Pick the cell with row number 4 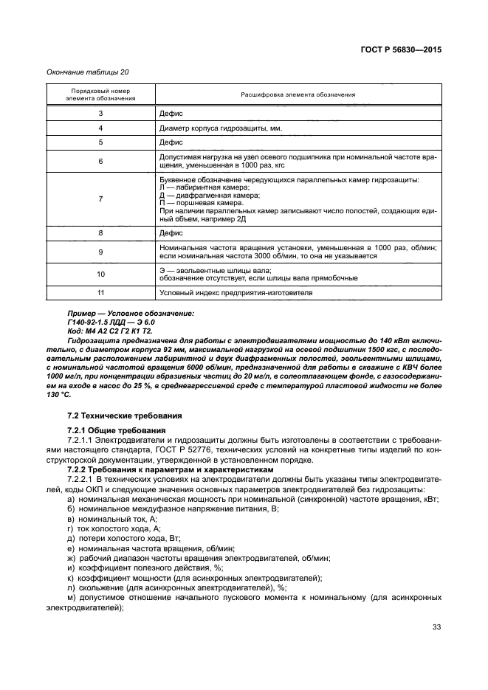[x=100, y=128]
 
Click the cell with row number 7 [x=100, y=199]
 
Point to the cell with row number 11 [x=100, y=293]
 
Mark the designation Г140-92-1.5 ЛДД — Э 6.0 [x=111, y=322]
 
